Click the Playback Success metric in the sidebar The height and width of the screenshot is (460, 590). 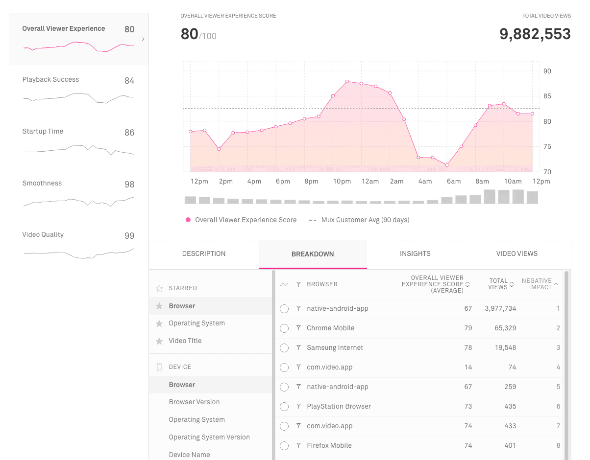(x=50, y=79)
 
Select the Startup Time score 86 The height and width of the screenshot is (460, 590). (x=129, y=133)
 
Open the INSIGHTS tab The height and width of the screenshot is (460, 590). (x=415, y=253)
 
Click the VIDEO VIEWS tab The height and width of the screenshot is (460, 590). (x=516, y=253)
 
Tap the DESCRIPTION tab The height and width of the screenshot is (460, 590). (x=204, y=253)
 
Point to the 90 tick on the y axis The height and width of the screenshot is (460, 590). (x=547, y=71)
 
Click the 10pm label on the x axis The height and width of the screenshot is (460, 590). (x=342, y=181)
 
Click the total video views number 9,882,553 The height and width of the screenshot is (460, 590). (x=535, y=34)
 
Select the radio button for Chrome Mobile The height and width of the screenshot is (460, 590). (x=284, y=328)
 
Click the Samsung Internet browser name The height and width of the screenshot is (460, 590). (x=335, y=347)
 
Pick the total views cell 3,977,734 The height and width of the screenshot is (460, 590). (x=500, y=308)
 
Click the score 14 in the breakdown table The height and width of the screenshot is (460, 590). (x=468, y=367)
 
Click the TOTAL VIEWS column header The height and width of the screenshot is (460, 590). (x=498, y=284)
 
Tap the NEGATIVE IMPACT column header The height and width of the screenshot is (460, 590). (x=537, y=284)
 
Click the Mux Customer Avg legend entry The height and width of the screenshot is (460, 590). (x=365, y=220)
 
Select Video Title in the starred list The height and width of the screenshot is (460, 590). (x=185, y=341)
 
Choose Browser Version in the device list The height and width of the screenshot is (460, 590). (x=194, y=402)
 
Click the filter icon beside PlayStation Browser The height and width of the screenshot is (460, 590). (x=298, y=406)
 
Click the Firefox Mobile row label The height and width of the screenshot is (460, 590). (x=329, y=445)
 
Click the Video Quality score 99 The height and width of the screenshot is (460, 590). (x=129, y=236)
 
